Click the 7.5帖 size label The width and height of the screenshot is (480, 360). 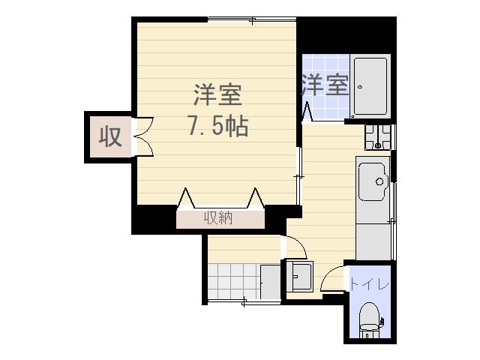pos(217,126)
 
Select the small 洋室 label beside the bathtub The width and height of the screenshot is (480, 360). pos(325,85)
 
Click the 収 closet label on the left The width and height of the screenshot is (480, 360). pos(111,137)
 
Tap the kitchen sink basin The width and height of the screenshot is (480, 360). pos(373,181)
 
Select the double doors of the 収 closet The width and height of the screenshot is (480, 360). pos(142,136)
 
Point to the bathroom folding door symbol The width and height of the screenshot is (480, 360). pos(307,111)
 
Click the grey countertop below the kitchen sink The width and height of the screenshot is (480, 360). pos(373,236)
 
